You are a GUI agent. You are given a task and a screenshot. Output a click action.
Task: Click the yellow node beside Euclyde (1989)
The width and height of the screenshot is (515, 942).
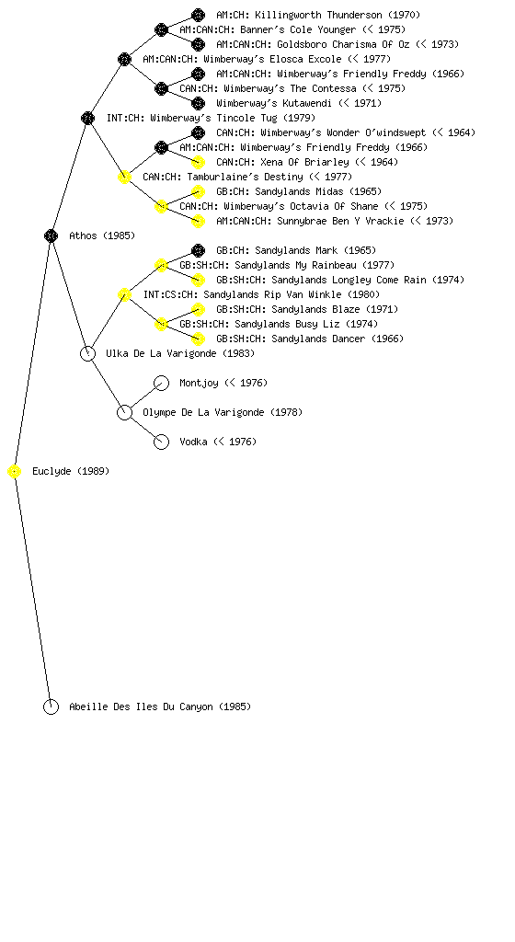coord(15,472)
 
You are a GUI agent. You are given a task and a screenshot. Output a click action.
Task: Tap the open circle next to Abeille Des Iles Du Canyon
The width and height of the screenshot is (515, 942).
coord(51,700)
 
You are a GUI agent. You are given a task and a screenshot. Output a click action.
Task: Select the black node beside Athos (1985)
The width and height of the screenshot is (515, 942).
coord(51,235)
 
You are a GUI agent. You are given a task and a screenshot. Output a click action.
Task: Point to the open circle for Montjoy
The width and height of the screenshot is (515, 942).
coord(162,376)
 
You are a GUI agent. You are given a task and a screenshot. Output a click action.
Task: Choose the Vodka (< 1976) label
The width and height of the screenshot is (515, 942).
coord(218,442)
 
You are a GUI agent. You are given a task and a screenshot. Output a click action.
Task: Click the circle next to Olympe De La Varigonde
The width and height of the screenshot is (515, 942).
coord(124,406)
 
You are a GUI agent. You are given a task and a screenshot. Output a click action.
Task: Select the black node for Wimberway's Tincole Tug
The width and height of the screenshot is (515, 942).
coord(87,118)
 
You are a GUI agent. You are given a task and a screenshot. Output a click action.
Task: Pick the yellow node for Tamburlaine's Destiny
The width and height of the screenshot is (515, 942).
coord(124,177)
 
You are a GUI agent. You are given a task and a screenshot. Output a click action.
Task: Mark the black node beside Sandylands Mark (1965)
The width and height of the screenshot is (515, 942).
coord(198,250)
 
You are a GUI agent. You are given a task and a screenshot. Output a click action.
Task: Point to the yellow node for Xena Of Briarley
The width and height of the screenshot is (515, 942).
coord(198,162)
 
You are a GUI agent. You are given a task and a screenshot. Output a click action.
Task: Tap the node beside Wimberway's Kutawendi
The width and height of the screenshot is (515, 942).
coord(198,103)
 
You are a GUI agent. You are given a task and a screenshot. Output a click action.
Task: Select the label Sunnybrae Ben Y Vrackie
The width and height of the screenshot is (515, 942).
coord(340,221)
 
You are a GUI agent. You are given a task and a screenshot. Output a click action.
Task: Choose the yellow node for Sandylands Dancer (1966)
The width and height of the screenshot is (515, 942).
coord(198,339)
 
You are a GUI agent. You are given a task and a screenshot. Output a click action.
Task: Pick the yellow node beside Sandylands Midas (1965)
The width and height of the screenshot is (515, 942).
coord(198,191)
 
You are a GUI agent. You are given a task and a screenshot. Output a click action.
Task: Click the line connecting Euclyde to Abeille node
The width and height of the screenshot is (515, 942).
coord(32,590)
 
